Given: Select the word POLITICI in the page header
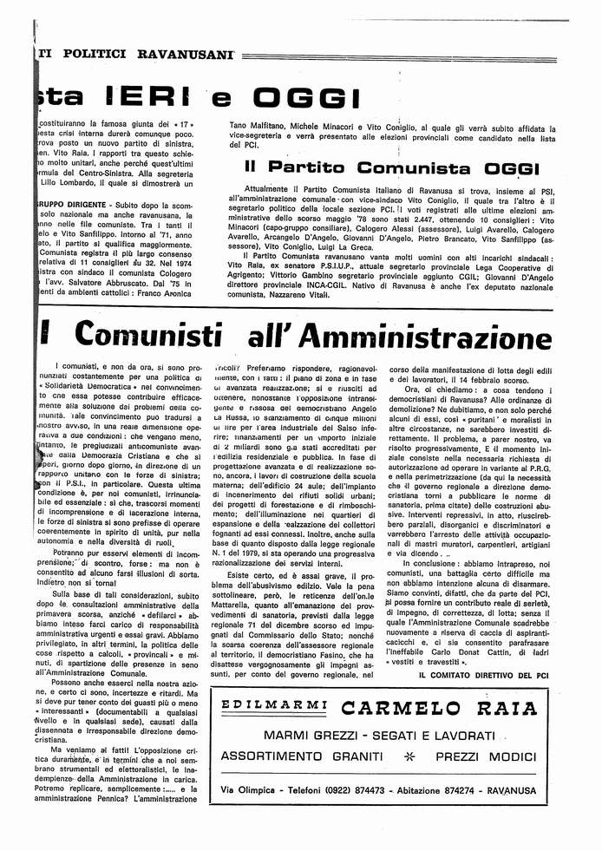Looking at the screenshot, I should [x=94, y=54].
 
